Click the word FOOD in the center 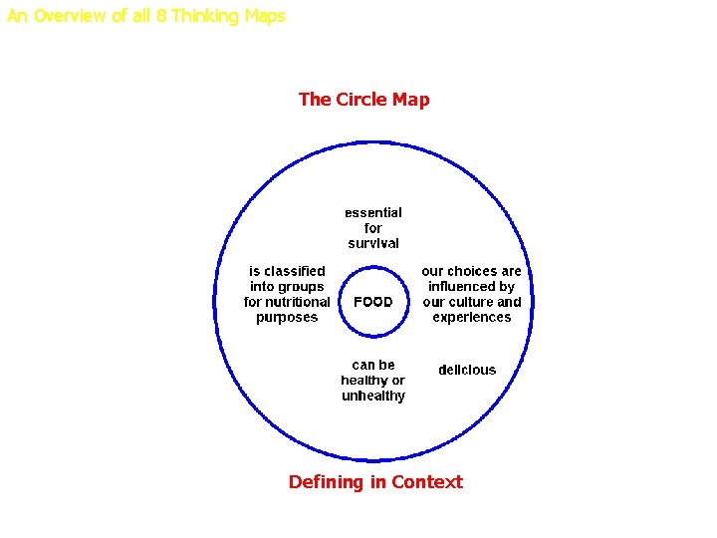coord(373,302)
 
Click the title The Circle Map coord(363,100)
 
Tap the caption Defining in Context coord(375,482)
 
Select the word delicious coord(467,371)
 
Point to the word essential coord(373,212)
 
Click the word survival coord(373,243)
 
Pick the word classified coord(295,271)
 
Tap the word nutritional coord(300,302)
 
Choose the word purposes coord(287,318)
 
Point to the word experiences coord(472,318)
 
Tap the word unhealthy coord(373,397)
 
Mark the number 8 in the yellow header coord(161,16)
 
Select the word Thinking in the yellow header coord(205,16)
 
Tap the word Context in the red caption coord(427,482)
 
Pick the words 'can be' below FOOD coord(373,365)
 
